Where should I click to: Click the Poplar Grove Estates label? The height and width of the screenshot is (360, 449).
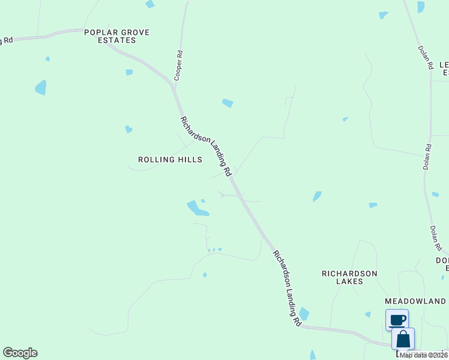point(116,36)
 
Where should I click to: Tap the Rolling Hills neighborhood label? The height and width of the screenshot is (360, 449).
point(170,160)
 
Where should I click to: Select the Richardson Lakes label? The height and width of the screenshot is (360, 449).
point(349,277)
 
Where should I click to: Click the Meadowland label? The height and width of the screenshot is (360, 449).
point(417,301)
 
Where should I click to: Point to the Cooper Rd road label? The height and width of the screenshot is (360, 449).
point(178,65)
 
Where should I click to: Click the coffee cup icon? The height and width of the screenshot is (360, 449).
point(397,320)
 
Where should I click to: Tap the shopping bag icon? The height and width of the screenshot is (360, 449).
point(403,339)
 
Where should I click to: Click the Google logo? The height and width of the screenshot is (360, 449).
point(20,353)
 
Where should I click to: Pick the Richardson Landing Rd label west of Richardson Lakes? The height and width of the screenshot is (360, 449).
point(287,287)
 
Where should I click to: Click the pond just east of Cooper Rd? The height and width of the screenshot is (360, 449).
point(228,103)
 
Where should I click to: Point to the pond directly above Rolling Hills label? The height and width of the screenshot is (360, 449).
point(128,129)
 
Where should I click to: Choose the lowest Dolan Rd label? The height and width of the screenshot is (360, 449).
point(436,238)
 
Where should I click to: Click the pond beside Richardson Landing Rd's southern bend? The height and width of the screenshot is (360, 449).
point(304,314)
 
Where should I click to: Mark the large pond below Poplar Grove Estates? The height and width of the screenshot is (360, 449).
point(41,88)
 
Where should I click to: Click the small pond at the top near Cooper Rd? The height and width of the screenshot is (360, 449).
point(149,4)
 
